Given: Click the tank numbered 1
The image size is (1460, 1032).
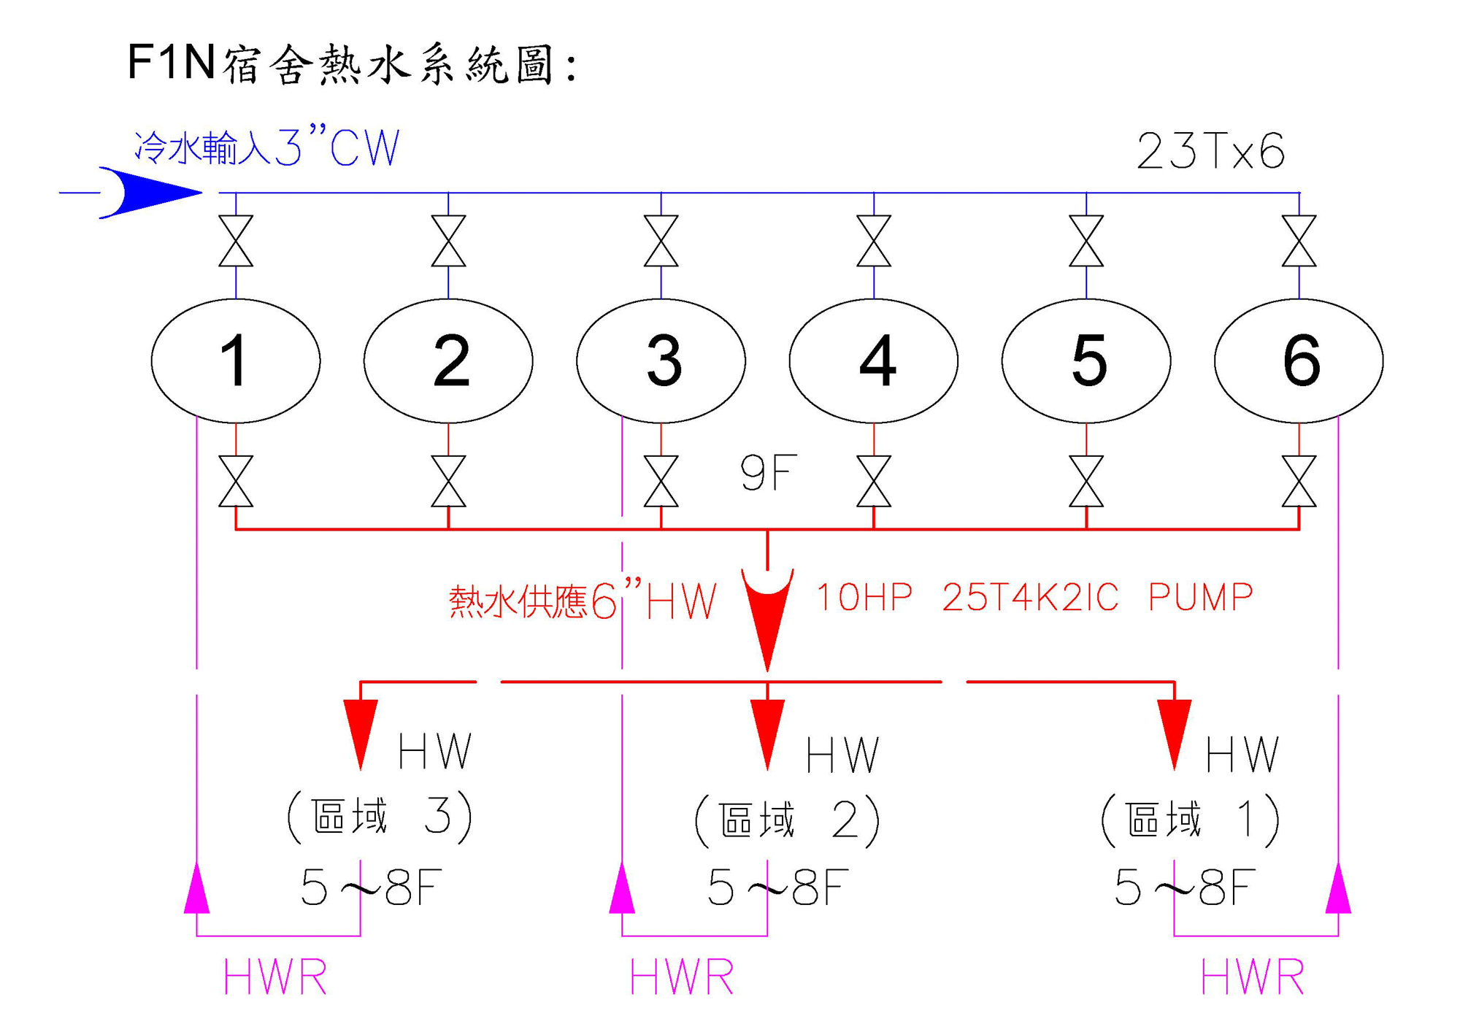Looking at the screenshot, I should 235,361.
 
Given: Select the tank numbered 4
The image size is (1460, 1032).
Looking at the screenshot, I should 873,361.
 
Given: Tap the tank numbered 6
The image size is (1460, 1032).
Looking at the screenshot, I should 1299,361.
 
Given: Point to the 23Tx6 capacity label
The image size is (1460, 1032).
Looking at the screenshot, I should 1210,152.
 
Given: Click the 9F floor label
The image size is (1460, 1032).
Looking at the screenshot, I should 768,473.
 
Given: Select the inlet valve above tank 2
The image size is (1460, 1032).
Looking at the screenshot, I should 448,241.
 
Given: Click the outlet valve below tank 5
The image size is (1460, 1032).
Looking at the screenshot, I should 1086,481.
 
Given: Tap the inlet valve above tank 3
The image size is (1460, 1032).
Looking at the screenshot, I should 661,241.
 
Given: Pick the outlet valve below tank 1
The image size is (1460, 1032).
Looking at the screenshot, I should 236,481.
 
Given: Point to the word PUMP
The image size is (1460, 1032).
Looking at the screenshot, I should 1200,598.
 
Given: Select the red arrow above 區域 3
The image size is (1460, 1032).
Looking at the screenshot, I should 361,730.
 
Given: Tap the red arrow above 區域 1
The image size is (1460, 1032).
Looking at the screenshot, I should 1174,730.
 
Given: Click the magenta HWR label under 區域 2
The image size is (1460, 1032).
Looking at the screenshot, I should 682,977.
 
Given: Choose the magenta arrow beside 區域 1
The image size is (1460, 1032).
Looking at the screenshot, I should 1338,889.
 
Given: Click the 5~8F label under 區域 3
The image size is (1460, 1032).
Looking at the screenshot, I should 371,887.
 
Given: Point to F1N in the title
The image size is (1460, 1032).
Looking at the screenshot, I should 171,63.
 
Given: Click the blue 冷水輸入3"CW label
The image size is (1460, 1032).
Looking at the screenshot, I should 267,148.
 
